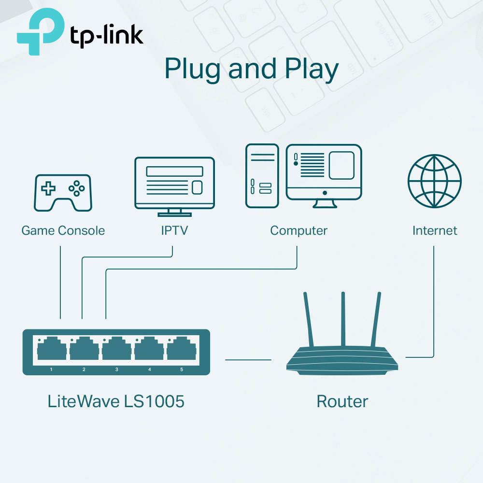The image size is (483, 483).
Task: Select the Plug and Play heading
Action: pyautogui.click(x=251, y=69)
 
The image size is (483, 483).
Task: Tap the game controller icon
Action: pyautogui.click(x=63, y=192)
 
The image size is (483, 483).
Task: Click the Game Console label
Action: pyautogui.click(x=63, y=230)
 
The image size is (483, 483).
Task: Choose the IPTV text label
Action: pyautogui.click(x=174, y=230)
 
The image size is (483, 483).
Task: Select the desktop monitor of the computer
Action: pyautogui.click(x=324, y=174)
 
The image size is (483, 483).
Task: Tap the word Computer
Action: pyautogui.click(x=298, y=230)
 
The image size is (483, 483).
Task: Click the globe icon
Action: pyautogui.click(x=434, y=181)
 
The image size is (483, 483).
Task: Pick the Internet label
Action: pyautogui.click(x=434, y=230)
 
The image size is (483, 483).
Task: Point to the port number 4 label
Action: pyautogui.click(x=149, y=369)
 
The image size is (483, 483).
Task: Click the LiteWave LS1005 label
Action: pyautogui.click(x=116, y=401)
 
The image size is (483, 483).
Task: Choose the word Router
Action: pyautogui.click(x=342, y=401)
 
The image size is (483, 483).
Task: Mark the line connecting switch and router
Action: pyautogui.click(x=248, y=359)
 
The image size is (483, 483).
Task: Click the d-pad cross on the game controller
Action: pyautogui.click(x=48, y=189)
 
